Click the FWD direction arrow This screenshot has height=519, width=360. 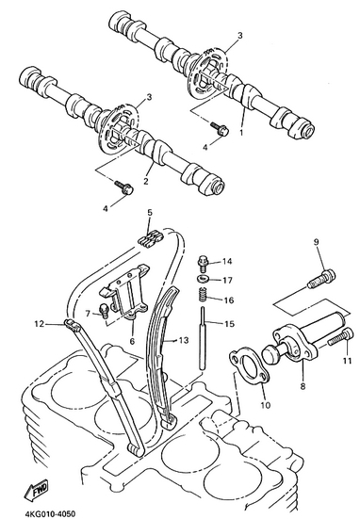point(37,490)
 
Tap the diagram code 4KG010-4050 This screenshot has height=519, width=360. point(50,513)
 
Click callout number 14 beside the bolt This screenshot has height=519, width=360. point(226,262)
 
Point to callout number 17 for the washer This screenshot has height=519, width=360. point(227,281)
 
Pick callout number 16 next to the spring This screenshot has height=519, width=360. point(228,300)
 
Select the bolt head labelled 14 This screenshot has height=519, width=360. point(203,264)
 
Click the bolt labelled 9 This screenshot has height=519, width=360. point(321,280)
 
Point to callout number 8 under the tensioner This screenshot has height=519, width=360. point(303,386)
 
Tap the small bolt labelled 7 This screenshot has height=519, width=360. point(104,311)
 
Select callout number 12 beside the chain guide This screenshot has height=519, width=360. point(39,324)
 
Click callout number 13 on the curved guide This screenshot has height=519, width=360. point(183,340)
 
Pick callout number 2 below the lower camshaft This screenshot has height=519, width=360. point(145,181)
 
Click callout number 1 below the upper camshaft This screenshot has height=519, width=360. point(241,133)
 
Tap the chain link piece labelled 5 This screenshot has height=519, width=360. point(151,239)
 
